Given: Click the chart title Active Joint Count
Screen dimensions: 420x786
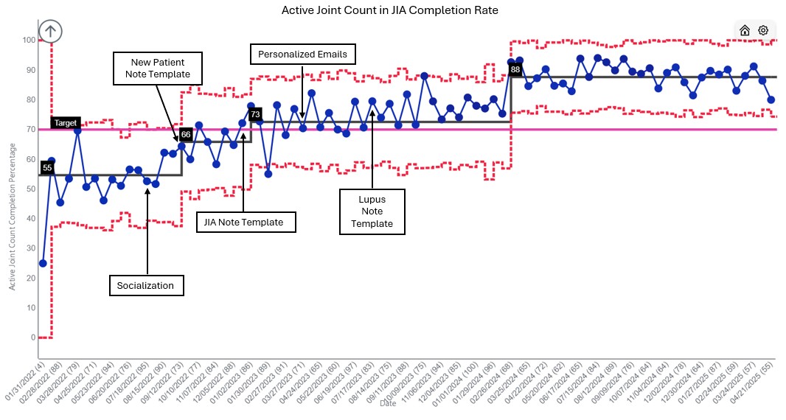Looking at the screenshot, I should click(389, 10).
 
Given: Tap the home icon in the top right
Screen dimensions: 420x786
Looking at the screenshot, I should click(745, 30).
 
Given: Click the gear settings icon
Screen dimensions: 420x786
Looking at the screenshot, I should click(763, 30).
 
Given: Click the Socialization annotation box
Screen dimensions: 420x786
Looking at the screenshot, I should click(146, 284).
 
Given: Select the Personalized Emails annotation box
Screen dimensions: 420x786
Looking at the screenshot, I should click(303, 55).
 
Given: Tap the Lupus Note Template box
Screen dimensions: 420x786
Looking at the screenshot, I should click(372, 211).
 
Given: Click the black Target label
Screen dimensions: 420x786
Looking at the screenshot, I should click(66, 122).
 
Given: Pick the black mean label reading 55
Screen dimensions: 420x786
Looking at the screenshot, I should click(47, 168).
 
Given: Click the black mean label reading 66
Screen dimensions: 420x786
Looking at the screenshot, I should click(186, 135).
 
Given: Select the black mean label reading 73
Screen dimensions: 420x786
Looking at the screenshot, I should click(254, 115).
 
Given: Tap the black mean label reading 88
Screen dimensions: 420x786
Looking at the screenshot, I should click(515, 69).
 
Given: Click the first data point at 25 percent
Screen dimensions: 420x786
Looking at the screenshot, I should click(43, 263).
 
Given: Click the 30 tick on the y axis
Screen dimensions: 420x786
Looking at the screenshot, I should click(30, 248).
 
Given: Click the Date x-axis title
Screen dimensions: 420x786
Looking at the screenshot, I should click(388, 403).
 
